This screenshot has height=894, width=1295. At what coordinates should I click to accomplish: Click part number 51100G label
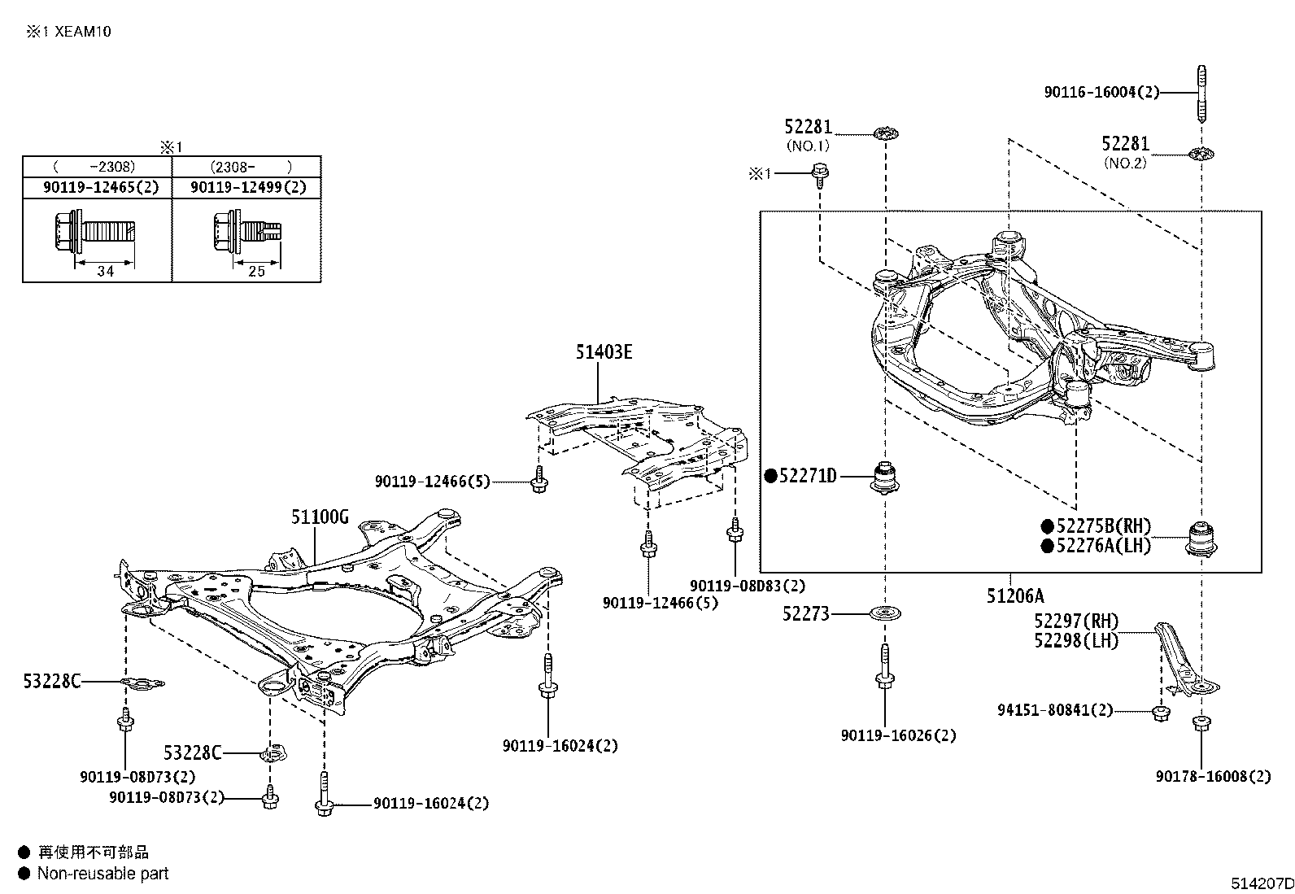320,517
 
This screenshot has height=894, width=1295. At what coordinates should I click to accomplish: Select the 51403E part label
604,352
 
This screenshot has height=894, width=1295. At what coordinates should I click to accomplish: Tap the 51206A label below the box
1014,596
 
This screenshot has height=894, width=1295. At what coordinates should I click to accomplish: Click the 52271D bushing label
807,476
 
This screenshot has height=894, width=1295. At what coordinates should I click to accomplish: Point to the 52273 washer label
806,614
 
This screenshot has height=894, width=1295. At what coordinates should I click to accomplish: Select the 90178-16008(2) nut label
1213,777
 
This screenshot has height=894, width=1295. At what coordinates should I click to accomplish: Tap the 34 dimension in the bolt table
105,272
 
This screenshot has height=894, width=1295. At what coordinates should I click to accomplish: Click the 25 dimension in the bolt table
256,272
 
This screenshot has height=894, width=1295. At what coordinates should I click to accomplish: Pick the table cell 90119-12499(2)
248,187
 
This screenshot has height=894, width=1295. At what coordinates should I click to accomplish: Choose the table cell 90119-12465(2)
101,187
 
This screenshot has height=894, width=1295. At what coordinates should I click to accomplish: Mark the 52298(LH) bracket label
1076,641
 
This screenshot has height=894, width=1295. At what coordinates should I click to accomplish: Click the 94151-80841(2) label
1055,710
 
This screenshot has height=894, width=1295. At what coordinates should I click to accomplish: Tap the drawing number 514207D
1261,883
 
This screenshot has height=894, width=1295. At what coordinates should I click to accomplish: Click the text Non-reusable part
103,874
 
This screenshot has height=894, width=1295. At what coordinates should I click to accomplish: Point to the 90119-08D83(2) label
747,586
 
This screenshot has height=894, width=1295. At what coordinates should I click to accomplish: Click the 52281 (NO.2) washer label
1125,144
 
